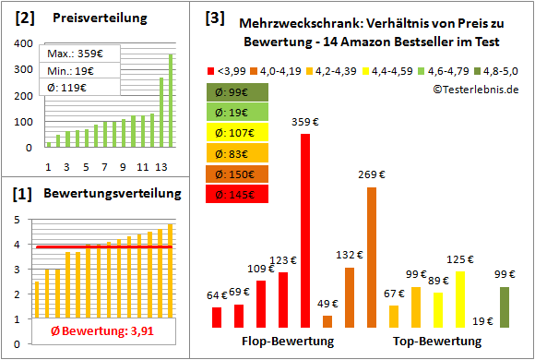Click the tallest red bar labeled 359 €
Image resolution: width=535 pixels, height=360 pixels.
click(305, 231)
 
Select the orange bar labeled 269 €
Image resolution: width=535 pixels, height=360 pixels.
click(372, 258)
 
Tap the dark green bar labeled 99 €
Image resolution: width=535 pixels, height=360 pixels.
click(505, 307)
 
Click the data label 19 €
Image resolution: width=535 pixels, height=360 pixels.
click(482, 321)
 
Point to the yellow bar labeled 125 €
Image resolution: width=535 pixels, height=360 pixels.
click(460, 299)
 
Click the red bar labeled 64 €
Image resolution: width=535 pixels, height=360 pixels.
click(217, 317)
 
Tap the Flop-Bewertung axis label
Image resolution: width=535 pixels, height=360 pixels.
click(287, 342)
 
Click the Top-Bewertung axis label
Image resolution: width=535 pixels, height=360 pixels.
click(436, 342)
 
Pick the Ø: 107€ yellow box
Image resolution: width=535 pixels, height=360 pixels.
click(238, 133)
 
